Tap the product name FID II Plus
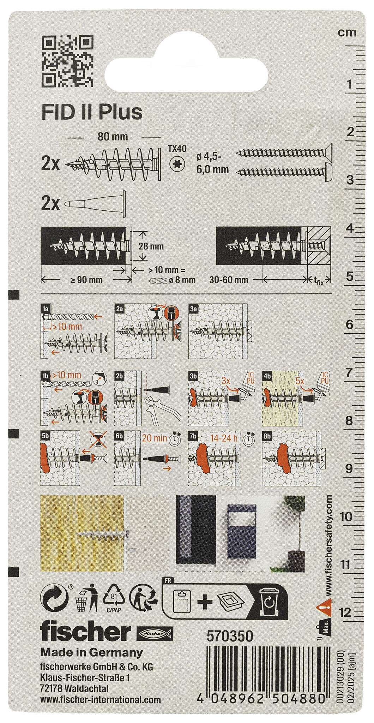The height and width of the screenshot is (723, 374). pyautogui.click(x=92, y=112)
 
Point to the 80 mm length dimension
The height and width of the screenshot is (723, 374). pyautogui.click(x=113, y=136)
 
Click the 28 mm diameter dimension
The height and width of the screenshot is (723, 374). pyautogui.click(x=151, y=246)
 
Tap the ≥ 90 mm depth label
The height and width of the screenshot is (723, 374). pyautogui.click(x=86, y=280)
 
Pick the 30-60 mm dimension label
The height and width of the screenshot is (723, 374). pyautogui.click(x=229, y=280)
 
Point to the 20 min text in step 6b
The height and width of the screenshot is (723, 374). pyautogui.click(x=153, y=438)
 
